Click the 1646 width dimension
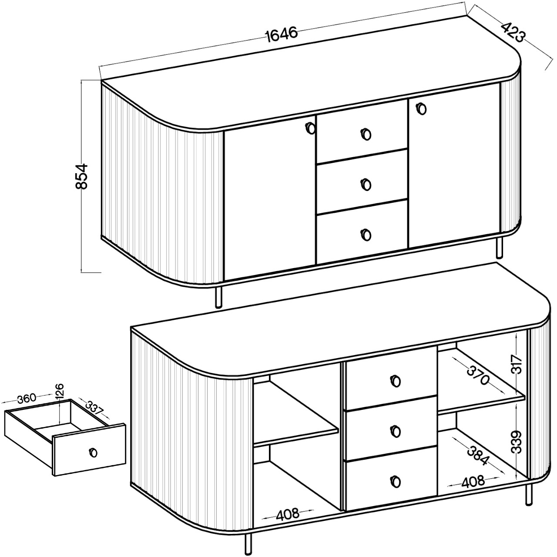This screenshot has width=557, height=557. (x=281, y=34)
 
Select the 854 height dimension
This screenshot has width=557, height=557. (x=81, y=176)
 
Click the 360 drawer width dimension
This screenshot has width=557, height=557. (x=27, y=399)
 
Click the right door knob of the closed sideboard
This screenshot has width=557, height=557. (x=422, y=109)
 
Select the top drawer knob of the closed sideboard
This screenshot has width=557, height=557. (x=366, y=134)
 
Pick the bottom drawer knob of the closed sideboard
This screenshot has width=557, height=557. (x=366, y=234)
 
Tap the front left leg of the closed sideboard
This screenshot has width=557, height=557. (x=219, y=298)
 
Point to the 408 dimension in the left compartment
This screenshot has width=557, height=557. (x=287, y=514)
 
